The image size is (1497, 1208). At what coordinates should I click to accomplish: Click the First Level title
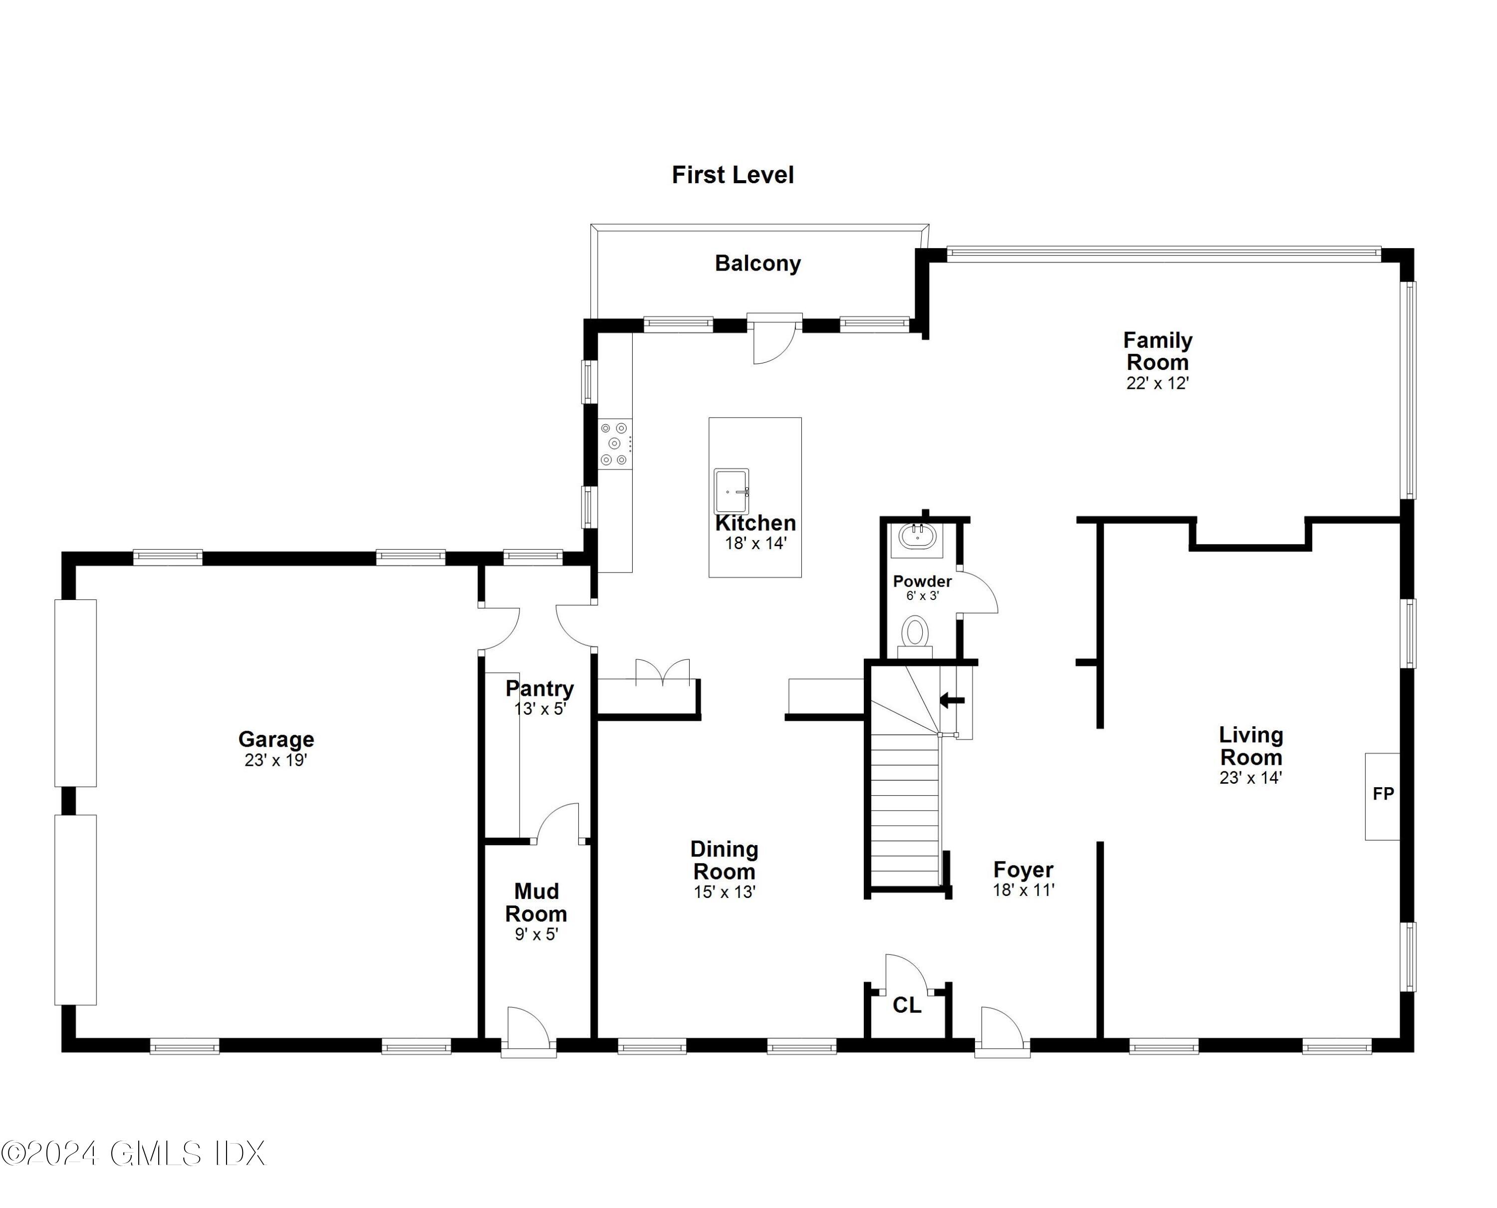732,175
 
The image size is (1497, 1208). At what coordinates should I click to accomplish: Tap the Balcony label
757,263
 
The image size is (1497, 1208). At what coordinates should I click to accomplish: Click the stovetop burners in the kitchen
615,444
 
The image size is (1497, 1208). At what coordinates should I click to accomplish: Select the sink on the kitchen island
731,491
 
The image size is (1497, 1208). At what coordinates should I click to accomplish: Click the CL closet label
906,1005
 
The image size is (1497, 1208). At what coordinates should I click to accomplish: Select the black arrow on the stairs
952,700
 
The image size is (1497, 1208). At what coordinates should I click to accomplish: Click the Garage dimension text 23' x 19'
275,760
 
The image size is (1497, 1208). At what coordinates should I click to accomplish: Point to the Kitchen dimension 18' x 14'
755,544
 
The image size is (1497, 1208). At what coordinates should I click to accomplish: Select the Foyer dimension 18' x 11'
1023,890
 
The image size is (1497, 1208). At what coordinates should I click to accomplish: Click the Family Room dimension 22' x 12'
1158,383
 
